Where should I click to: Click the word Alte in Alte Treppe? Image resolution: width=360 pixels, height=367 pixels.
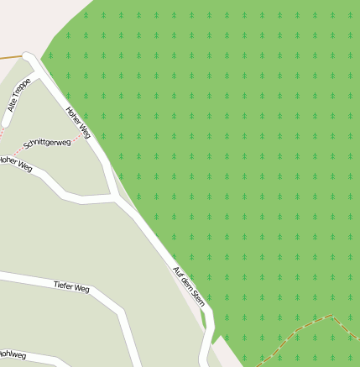coord(12,104)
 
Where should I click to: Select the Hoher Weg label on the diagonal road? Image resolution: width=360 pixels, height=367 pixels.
coord(78,122)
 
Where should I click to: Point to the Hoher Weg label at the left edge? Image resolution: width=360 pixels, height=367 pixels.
coord(15,163)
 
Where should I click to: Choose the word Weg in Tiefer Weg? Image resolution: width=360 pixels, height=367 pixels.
coord(82,290)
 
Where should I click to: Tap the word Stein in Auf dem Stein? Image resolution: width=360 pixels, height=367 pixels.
coord(198,297)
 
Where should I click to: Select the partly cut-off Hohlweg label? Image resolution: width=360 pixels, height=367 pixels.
coord(12,356)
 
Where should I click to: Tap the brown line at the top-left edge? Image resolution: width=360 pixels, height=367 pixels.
coord(10,57)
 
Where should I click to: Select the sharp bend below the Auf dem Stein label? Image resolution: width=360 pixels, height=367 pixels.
coord(209,315)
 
